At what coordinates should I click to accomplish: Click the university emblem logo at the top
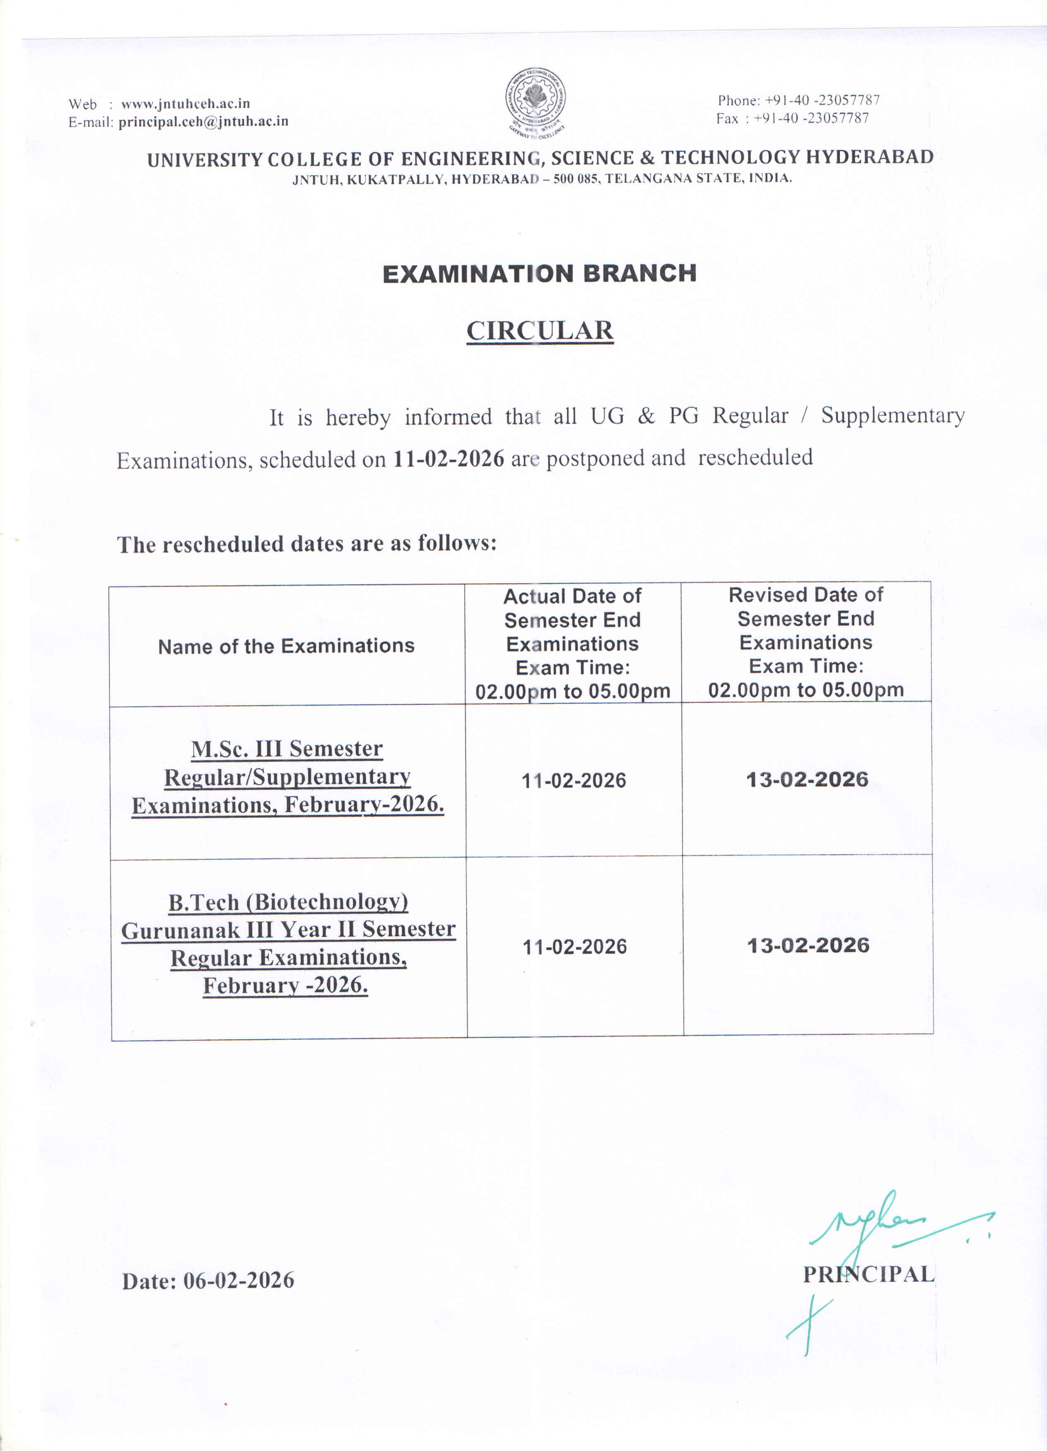point(535,101)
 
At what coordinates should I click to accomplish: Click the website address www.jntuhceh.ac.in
point(185,104)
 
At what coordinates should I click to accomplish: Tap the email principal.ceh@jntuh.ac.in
point(203,122)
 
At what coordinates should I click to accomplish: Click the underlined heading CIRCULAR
point(540,331)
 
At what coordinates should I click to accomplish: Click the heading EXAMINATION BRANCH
point(540,274)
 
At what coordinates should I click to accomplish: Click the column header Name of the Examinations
point(286,646)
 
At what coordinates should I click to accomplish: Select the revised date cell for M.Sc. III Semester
point(807,779)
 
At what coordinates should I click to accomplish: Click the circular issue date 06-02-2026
point(239,1280)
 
